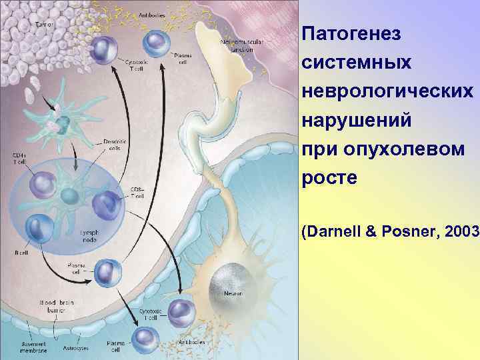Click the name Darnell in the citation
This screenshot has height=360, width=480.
(x=333, y=231)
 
